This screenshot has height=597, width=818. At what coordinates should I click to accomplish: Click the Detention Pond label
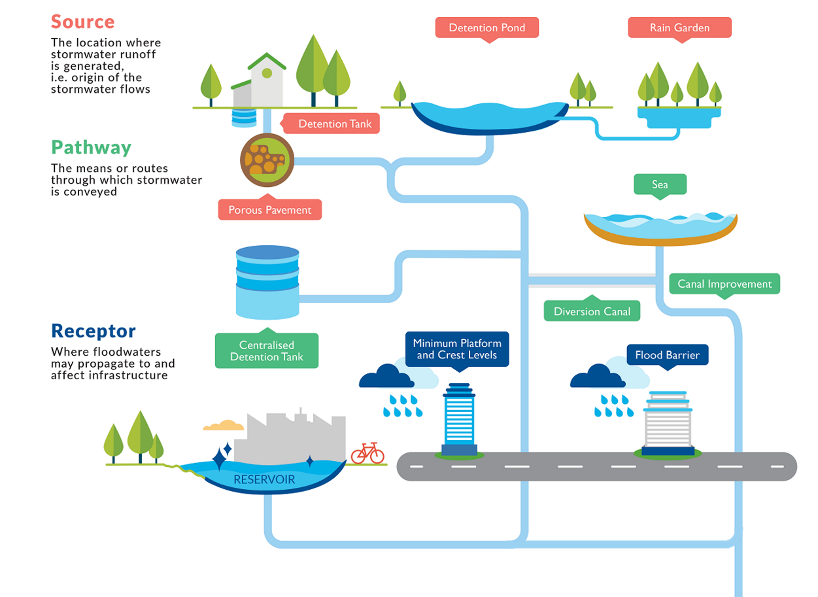pos(487,27)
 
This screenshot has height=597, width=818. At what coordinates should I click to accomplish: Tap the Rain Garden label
pos(679,27)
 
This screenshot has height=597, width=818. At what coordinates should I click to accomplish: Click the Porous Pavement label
pos(270,210)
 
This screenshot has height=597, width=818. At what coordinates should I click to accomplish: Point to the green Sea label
pos(660,184)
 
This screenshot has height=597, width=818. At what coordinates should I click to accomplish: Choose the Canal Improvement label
pos(724,284)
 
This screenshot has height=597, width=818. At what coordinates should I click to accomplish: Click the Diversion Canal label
pos(592,311)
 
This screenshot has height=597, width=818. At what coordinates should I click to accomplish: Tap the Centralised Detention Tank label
pos(267,350)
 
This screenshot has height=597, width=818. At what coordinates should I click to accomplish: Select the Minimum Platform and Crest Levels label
pos(457,349)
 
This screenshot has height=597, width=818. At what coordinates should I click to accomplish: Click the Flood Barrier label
pos(667,355)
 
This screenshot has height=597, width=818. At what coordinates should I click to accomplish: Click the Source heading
pos(83,22)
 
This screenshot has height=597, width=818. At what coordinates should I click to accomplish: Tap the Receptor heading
pos(93,331)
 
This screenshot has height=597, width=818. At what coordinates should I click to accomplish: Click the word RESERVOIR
pos(264,480)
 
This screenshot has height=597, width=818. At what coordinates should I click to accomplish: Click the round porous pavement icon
pos(267,160)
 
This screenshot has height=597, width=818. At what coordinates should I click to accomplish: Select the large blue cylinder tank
pos(267,282)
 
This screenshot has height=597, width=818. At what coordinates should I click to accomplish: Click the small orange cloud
pos(224,425)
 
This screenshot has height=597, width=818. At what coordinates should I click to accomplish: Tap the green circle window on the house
pos(267,73)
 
